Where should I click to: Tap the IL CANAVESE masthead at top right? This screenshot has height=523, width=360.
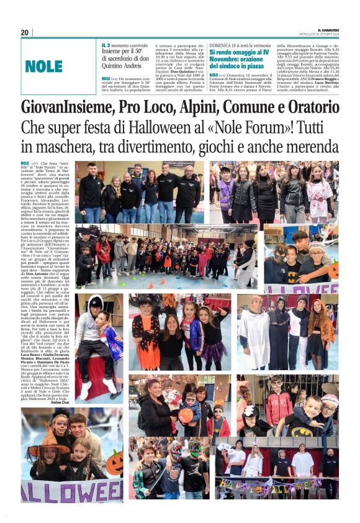tap(328, 29)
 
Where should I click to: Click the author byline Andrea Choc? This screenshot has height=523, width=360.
tap(60, 403)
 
